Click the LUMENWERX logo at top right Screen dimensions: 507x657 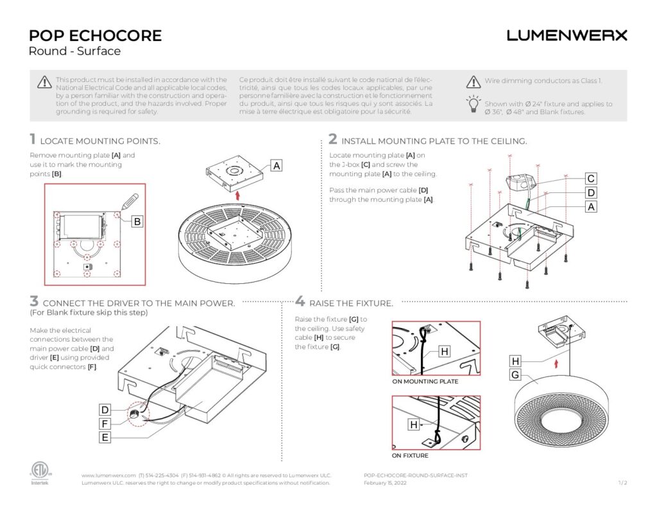[x=567, y=35]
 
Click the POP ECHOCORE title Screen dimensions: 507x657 [x=95, y=35]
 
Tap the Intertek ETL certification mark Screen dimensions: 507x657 [x=39, y=473]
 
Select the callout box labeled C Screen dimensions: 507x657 [x=591, y=179]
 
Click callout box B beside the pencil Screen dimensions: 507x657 [x=137, y=222]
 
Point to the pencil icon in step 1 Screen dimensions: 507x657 [x=128, y=201]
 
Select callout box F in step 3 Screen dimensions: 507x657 [x=106, y=424]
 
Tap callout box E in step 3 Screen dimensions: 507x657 [x=106, y=438]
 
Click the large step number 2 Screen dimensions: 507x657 [x=332, y=138]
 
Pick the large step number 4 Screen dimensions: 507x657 [x=300, y=301]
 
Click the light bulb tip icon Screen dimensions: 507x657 [x=473, y=104]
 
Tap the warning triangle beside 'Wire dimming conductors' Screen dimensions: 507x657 [x=473, y=81]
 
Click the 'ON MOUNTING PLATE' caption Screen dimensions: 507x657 [x=425, y=381]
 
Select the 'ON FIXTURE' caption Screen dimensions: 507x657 [x=410, y=456]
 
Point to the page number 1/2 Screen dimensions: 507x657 [x=622, y=483]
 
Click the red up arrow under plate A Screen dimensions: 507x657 [x=239, y=194]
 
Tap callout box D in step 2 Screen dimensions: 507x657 [x=591, y=193]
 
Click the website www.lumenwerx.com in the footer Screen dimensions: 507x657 [x=108, y=475]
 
